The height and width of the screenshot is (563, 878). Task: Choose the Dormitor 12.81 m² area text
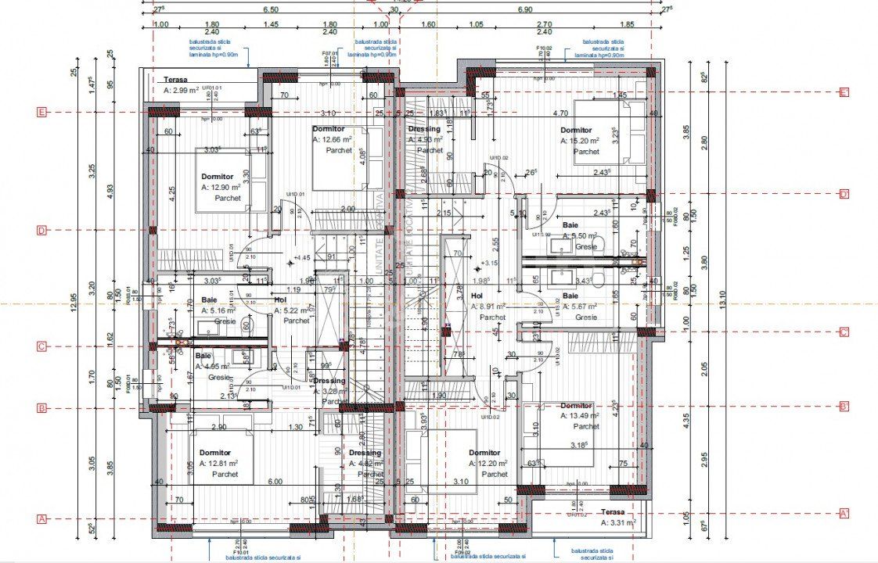pyautogui.click(x=218, y=463)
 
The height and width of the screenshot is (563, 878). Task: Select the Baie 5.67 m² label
pyautogui.click(x=578, y=307)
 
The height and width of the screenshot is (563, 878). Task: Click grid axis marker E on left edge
pyautogui.click(x=42, y=112)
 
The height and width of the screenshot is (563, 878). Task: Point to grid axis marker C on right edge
pyautogui.click(x=844, y=332)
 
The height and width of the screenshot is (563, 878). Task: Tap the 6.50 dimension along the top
pyautogui.click(x=271, y=9)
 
